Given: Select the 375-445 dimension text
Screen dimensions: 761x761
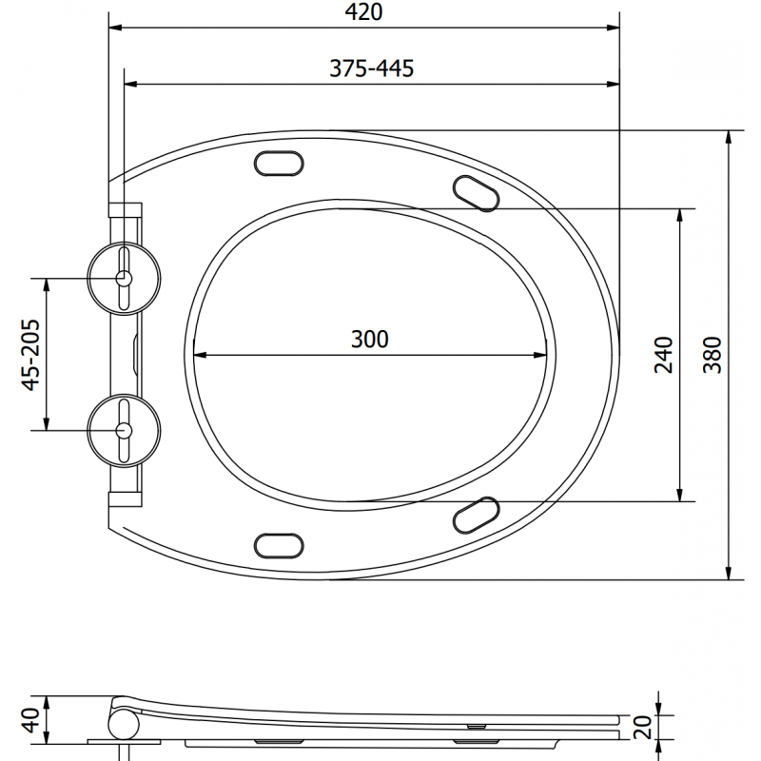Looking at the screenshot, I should (x=370, y=68).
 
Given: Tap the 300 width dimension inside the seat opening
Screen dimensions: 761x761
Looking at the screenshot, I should (x=370, y=339).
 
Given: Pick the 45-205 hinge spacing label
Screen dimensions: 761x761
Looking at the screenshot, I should (x=31, y=354).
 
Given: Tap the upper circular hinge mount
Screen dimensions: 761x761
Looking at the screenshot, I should (x=124, y=277).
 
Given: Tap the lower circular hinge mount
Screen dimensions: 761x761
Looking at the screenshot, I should (x=124, y=430).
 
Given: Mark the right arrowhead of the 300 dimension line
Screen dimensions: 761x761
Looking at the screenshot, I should (x=545, y=357).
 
